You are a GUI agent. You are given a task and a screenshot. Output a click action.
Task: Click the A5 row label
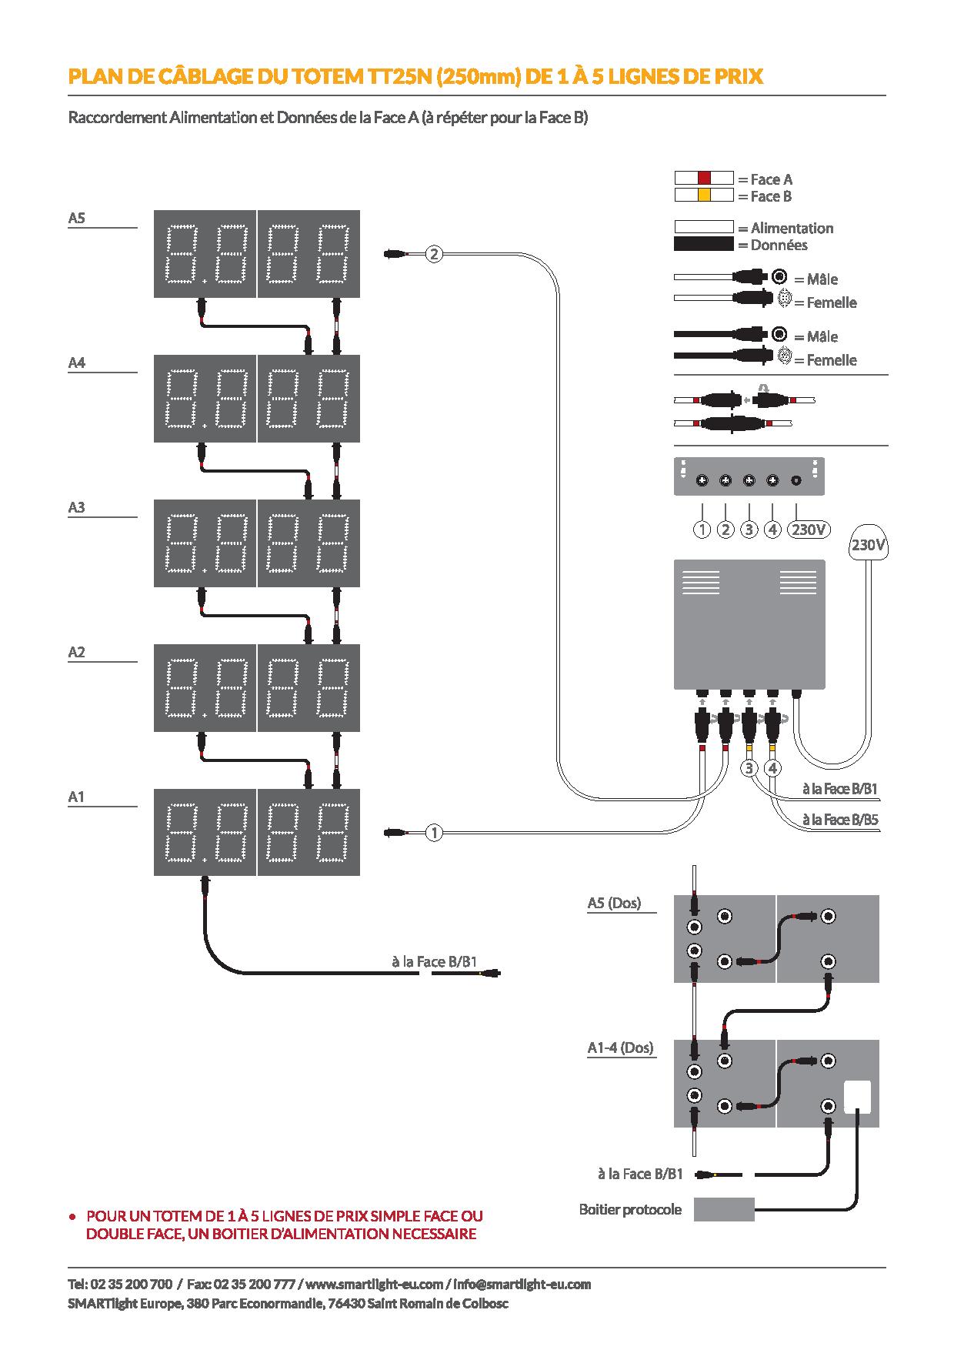76,218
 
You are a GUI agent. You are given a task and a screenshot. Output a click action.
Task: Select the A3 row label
76,507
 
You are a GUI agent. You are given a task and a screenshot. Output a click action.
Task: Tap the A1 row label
76,797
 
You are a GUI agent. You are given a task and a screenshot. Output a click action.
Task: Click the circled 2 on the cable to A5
434,253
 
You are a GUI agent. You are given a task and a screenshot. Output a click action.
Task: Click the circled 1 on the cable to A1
434,832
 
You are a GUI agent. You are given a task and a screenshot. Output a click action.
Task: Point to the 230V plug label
868,545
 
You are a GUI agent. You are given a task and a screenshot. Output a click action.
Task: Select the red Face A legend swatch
704,179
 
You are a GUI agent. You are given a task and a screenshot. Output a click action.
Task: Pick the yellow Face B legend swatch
704,195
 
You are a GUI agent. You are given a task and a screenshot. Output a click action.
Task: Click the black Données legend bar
704,245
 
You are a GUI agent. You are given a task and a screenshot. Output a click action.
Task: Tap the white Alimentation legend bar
704,228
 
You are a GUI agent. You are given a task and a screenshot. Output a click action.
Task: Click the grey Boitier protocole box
724,1209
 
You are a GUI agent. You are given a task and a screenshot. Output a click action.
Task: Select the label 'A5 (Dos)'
614,903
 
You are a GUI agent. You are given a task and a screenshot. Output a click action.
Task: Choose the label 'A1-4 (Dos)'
620,1048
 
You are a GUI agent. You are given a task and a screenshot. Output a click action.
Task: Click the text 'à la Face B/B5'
840,820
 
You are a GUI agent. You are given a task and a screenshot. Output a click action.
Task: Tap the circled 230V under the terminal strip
809,530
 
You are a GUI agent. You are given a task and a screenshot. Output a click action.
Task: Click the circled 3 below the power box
749,768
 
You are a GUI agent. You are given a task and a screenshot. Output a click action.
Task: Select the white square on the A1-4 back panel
858,1098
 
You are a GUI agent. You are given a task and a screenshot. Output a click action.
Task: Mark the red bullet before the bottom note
72,1218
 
